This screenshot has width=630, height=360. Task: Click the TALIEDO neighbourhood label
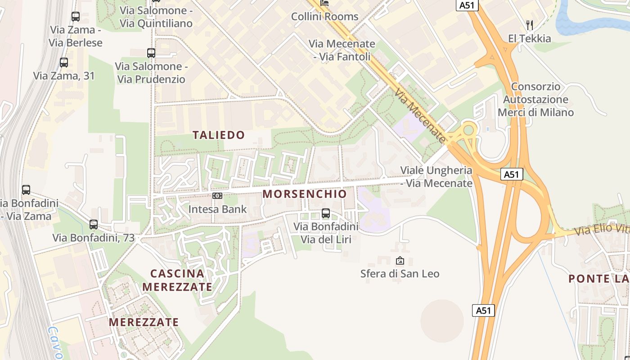pos(219,135)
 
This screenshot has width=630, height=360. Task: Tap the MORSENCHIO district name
pos(305,194)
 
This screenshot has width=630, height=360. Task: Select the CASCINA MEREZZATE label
pos(177,280)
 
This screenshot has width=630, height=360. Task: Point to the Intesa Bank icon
pos(217,196)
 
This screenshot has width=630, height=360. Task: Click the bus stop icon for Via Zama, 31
pos(64,63)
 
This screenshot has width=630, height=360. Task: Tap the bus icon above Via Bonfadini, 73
pos(94,224)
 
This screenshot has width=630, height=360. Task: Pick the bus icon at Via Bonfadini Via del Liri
pos(326,213)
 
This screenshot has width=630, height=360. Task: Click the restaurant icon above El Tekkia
pos(530,25)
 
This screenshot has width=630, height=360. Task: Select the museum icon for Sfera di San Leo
pos(400,261)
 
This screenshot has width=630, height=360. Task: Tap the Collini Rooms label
pos(324,17)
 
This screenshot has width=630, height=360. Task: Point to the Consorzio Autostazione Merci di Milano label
pos(535,99)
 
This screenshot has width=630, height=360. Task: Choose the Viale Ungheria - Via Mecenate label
pos(436,177)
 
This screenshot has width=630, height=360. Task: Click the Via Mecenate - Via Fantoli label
pos(342,50)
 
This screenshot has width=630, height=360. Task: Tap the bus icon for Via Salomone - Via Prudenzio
pos(151,53)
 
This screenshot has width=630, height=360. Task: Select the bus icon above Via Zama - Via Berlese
pos(76,17)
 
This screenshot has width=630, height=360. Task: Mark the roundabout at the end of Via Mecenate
pos(468,130)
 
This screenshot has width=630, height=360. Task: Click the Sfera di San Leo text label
pos(400,274)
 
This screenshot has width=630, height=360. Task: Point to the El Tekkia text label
pos(529,39)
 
